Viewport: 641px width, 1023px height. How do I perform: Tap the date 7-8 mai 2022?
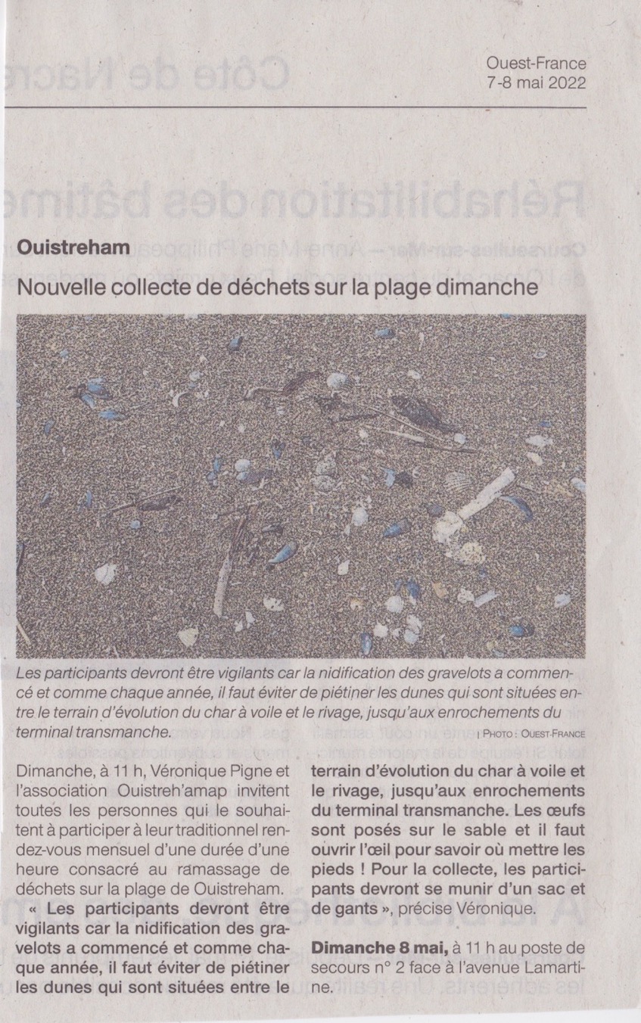point(537,83)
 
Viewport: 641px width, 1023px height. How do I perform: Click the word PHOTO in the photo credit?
point(503,733)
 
